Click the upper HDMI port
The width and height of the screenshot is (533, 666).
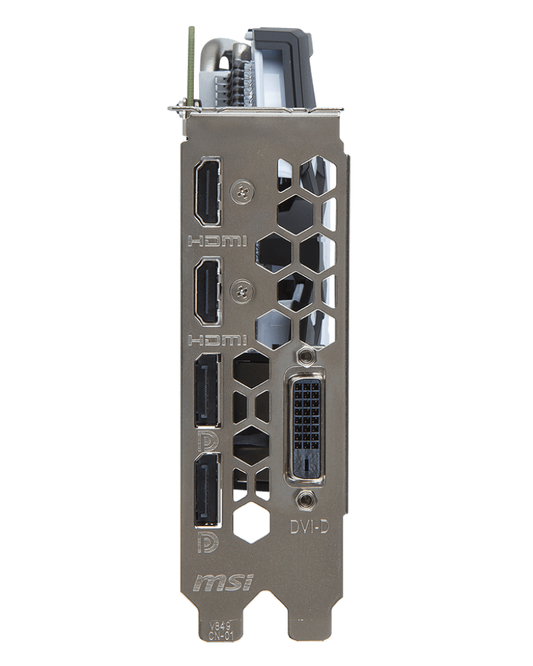[x=208, y=193]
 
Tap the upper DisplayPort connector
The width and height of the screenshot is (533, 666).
[x=208, y=391]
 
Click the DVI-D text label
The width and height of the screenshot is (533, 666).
[x=309, y=527]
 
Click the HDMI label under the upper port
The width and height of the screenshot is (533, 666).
[x=217, y=242]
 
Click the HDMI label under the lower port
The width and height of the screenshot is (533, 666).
[x=217, y=340]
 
